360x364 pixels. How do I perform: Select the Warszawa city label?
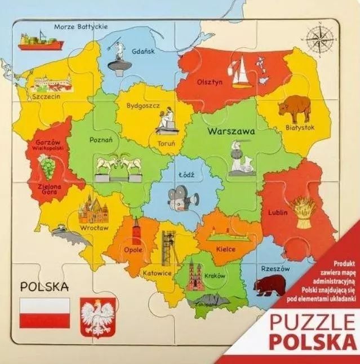(x=230, y=131)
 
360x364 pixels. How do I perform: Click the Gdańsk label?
(x=144, y=50)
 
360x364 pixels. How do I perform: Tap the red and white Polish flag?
(x=45, y=313)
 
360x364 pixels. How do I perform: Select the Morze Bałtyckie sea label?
(x=81, y=26)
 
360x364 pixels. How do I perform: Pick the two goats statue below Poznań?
(x=117, y=166)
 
